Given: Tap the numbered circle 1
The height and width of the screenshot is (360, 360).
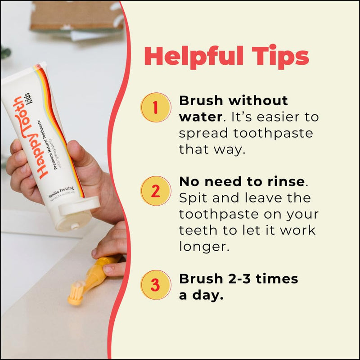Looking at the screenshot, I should point(155,108).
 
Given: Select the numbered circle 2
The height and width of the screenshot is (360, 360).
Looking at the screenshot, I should point(155,191).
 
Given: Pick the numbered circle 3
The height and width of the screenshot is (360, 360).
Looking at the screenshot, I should point(155,284).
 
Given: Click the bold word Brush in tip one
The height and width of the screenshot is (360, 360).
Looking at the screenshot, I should point(199,100).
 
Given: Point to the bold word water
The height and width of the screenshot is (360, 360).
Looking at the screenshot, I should point(200,117).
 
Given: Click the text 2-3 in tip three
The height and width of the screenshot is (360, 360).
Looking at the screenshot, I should point(238,279).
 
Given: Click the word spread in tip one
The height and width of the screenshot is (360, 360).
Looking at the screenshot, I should point(202,134).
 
